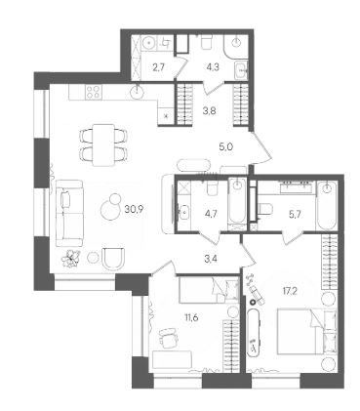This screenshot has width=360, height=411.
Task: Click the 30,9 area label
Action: pos(134,209)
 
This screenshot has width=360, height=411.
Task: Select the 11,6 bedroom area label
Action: pos(191,317)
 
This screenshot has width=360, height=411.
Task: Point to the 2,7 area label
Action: pos(159,67)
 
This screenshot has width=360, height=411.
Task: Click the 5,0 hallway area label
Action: pos(227,147)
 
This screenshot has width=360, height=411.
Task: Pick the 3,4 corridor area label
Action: pos(210,259)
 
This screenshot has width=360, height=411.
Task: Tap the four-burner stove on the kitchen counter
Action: pos(94,91)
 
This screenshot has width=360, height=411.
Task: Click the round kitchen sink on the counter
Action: pos(138,91)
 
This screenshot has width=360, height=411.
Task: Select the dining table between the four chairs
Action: pos(103,144)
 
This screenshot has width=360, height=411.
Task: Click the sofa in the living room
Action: pos(69,213)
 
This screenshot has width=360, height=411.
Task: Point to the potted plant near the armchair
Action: pos(70,259)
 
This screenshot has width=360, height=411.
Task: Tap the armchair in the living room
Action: pos(113,259)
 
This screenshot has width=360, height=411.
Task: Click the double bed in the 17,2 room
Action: pos(306,331)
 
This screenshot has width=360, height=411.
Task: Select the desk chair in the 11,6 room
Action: pos(169,337)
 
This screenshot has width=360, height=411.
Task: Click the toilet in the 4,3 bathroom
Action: pos(206,42)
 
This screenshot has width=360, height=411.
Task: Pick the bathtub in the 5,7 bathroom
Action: pos(326,206)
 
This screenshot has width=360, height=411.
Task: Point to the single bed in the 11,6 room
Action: pos(209,290)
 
